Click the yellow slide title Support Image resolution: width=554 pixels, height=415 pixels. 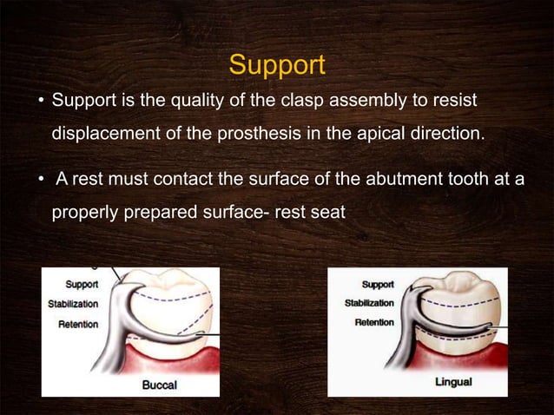[x=276, y=65]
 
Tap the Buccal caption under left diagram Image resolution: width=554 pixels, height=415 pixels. [x=162, y=385]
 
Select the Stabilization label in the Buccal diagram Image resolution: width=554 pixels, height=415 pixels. [x=73, y=304]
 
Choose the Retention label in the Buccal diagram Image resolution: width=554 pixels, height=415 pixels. [x=78, y=324]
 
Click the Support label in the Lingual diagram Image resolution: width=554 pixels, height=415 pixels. [x=377, y=284]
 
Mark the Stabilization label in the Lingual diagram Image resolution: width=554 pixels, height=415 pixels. [x=369, y=303]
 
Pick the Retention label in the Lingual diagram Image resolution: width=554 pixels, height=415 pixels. [x=374, y=322]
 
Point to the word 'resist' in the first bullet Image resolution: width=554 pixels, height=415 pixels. [x=454, y=103]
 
